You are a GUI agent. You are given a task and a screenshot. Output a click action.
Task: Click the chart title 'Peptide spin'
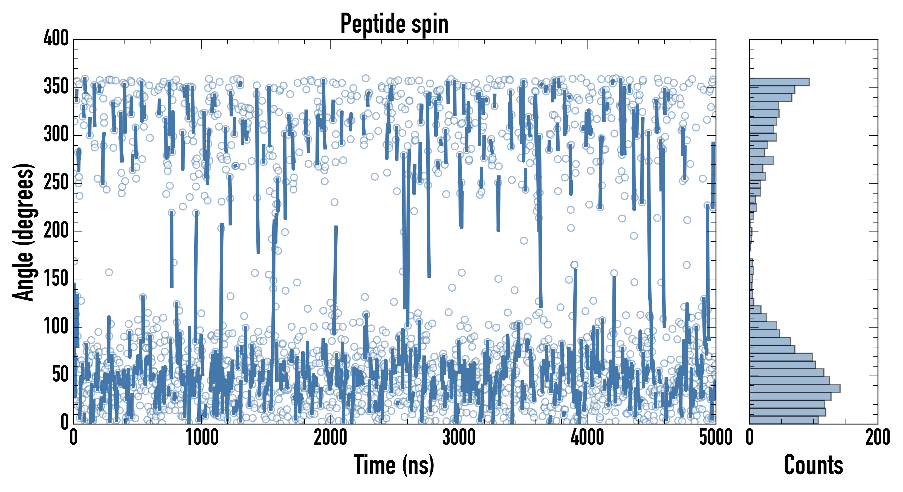click(394, 24)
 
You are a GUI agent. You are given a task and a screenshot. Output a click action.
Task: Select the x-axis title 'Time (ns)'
click(394, 465)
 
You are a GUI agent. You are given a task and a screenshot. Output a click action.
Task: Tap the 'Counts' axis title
click(814, 465)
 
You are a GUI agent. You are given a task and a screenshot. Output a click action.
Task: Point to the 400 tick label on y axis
click(56, 38)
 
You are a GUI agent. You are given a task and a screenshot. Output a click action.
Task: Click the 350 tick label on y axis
click(56, 86)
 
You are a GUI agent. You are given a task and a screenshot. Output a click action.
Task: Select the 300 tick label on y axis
click(56, 134)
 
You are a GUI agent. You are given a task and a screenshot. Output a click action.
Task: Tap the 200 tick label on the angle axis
click(56, 231)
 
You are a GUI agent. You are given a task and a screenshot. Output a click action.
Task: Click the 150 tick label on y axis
click(56, 279)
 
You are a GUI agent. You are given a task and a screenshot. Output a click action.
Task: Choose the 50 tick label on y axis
click(60, 375)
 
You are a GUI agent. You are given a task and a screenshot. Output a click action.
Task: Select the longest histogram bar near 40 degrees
click(795, 388)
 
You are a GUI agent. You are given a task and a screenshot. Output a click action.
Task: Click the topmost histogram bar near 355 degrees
click(779, 82)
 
